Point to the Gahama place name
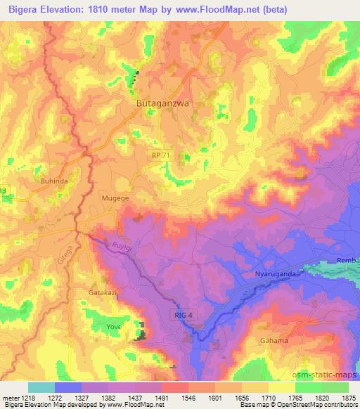[x=274, y=341]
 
